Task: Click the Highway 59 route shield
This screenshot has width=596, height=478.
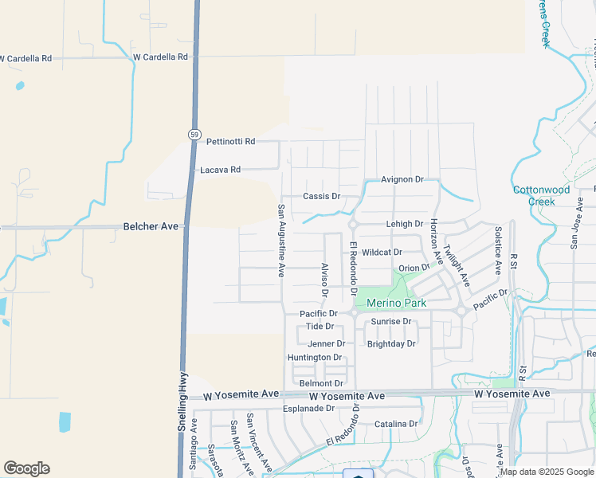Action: click(x=194, y=134)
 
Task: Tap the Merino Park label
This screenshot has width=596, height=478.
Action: click(x=396, y=303)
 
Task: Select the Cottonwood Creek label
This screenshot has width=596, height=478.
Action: click(x=542, y=195)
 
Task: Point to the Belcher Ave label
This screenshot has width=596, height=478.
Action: click(x=151, y=226)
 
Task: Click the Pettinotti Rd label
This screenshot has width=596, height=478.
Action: click(x=230, y=141)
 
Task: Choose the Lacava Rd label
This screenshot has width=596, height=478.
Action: click(x=220, y=170)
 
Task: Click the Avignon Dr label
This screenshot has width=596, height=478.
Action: click(x=402, y=180)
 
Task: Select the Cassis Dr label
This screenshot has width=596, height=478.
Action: click(x=321, y=196)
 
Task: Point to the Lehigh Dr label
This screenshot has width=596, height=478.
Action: click(x=404, y=225)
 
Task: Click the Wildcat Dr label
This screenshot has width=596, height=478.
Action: click(x=382, y=252)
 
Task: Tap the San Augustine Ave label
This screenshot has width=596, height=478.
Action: click(x=281, y=241)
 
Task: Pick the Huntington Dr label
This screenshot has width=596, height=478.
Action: click(x=315, y=358)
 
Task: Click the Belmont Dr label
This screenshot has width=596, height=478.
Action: click(x=321, y=383)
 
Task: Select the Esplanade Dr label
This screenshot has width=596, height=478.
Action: click(x=308, y=409)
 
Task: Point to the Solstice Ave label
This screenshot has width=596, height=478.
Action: click(x=498, y=251)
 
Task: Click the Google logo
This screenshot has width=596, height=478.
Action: click(x=26, y=468)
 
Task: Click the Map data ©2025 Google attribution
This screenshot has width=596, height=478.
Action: click(x=547, y=472)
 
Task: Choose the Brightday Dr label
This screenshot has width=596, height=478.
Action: click(x=391, y=344)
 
